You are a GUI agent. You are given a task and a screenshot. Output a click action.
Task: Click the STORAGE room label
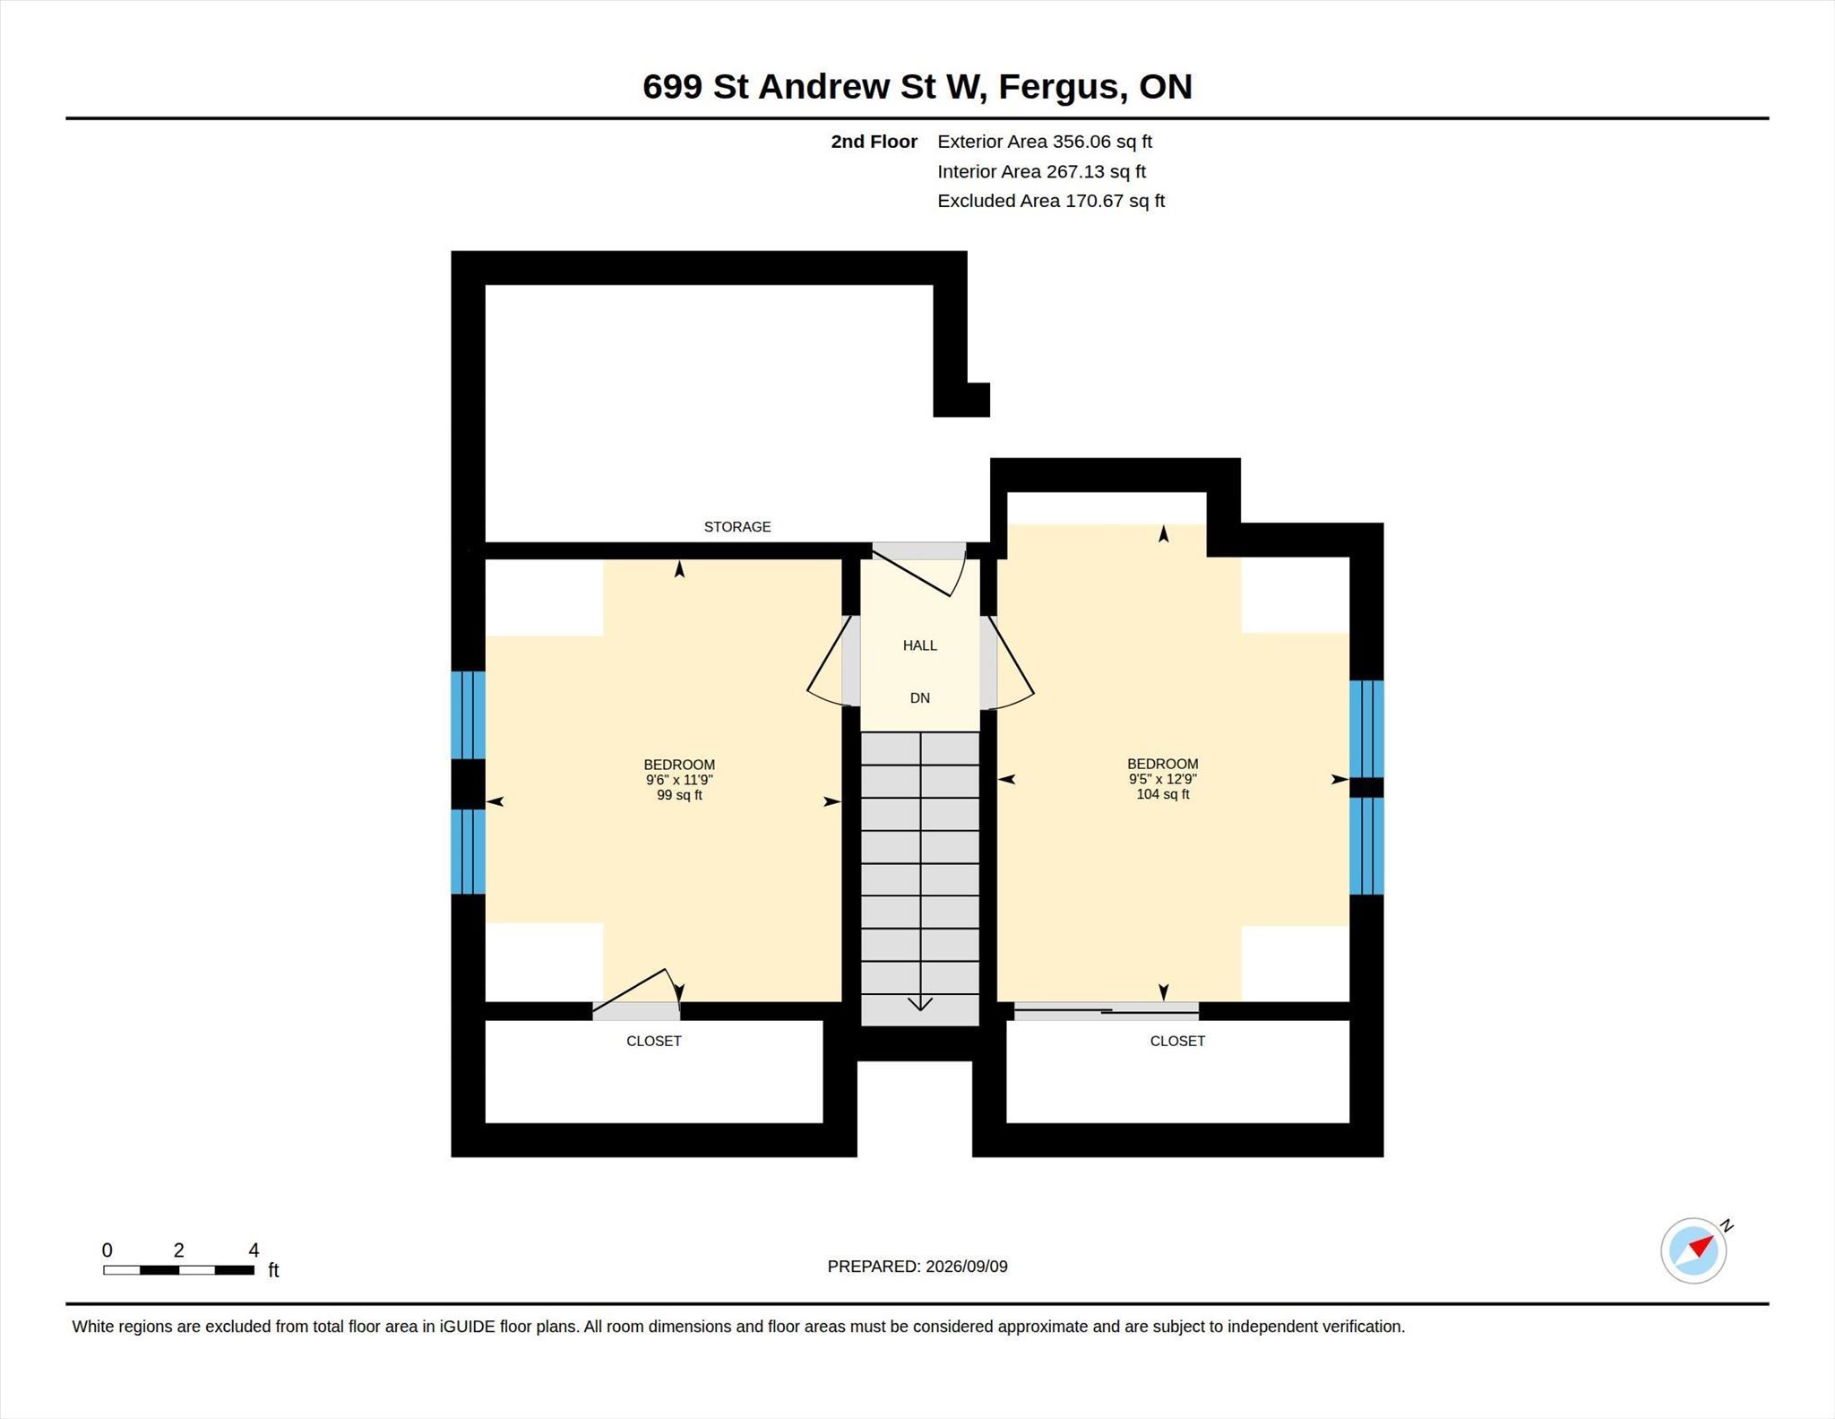(737, 526)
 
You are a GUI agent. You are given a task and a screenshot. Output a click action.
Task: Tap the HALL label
(919, 645)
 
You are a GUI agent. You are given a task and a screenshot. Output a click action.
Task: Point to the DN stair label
(920, 698)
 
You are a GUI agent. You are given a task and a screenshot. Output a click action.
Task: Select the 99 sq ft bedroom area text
(679, 795)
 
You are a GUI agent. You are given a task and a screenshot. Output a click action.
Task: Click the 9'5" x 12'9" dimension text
(1163, 779)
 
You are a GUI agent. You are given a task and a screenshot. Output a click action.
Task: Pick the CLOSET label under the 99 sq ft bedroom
(654, 1041)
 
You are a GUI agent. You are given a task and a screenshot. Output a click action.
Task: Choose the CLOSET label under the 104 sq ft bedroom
(1177, 1041)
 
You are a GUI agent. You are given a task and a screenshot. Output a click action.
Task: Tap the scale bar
(178, 1270)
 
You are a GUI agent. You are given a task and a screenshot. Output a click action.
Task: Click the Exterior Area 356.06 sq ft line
(1045, 142)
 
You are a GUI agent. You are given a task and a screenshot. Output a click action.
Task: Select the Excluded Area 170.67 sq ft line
(1051, 201)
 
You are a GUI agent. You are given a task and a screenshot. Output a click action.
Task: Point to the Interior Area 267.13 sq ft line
(1041, 171)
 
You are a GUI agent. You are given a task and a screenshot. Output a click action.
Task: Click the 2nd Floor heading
(874, 142)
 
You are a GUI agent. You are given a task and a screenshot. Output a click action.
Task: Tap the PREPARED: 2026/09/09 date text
(917, 1267)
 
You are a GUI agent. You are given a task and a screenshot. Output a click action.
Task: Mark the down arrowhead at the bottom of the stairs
(920, 1004)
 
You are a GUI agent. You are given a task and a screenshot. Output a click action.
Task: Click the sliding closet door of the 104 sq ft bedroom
(1107, 1011)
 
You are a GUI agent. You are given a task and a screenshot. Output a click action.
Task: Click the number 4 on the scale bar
(254, 1250)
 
